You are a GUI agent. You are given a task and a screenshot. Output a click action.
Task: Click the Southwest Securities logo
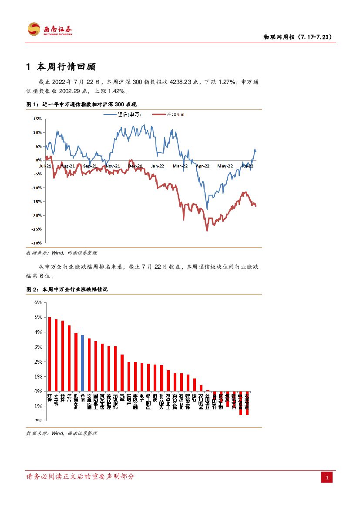tap(50, 30)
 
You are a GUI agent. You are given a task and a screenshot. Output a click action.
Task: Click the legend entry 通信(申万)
tap(129, 114)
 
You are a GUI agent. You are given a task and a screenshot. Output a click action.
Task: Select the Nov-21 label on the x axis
tap(113, 166)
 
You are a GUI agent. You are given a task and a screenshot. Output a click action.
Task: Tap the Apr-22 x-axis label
tap(203, 166)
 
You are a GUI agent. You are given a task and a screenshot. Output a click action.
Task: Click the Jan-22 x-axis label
tap(158, 166)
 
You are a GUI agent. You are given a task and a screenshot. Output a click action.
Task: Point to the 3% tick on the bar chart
tap(38, 347)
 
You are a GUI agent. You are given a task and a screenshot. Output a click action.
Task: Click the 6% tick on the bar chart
tap(38, 303)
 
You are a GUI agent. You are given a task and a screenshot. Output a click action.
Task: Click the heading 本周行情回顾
tap(66, 67)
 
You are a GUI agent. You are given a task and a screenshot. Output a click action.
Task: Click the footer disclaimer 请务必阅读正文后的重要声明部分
tap(81, 476)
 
